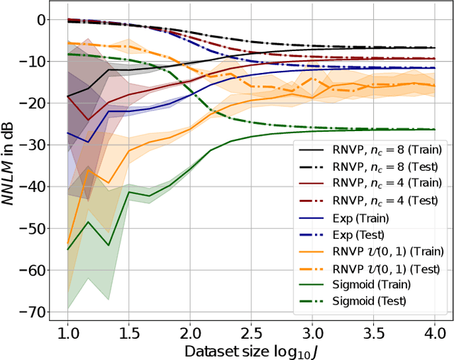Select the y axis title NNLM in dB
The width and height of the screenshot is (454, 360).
[x=11, y=164]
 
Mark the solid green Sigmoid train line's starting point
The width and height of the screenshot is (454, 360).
[x=68, y=249]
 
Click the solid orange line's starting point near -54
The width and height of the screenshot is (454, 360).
[x=68, y=243]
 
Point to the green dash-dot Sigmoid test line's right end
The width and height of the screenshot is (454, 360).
[x=433, y=130]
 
